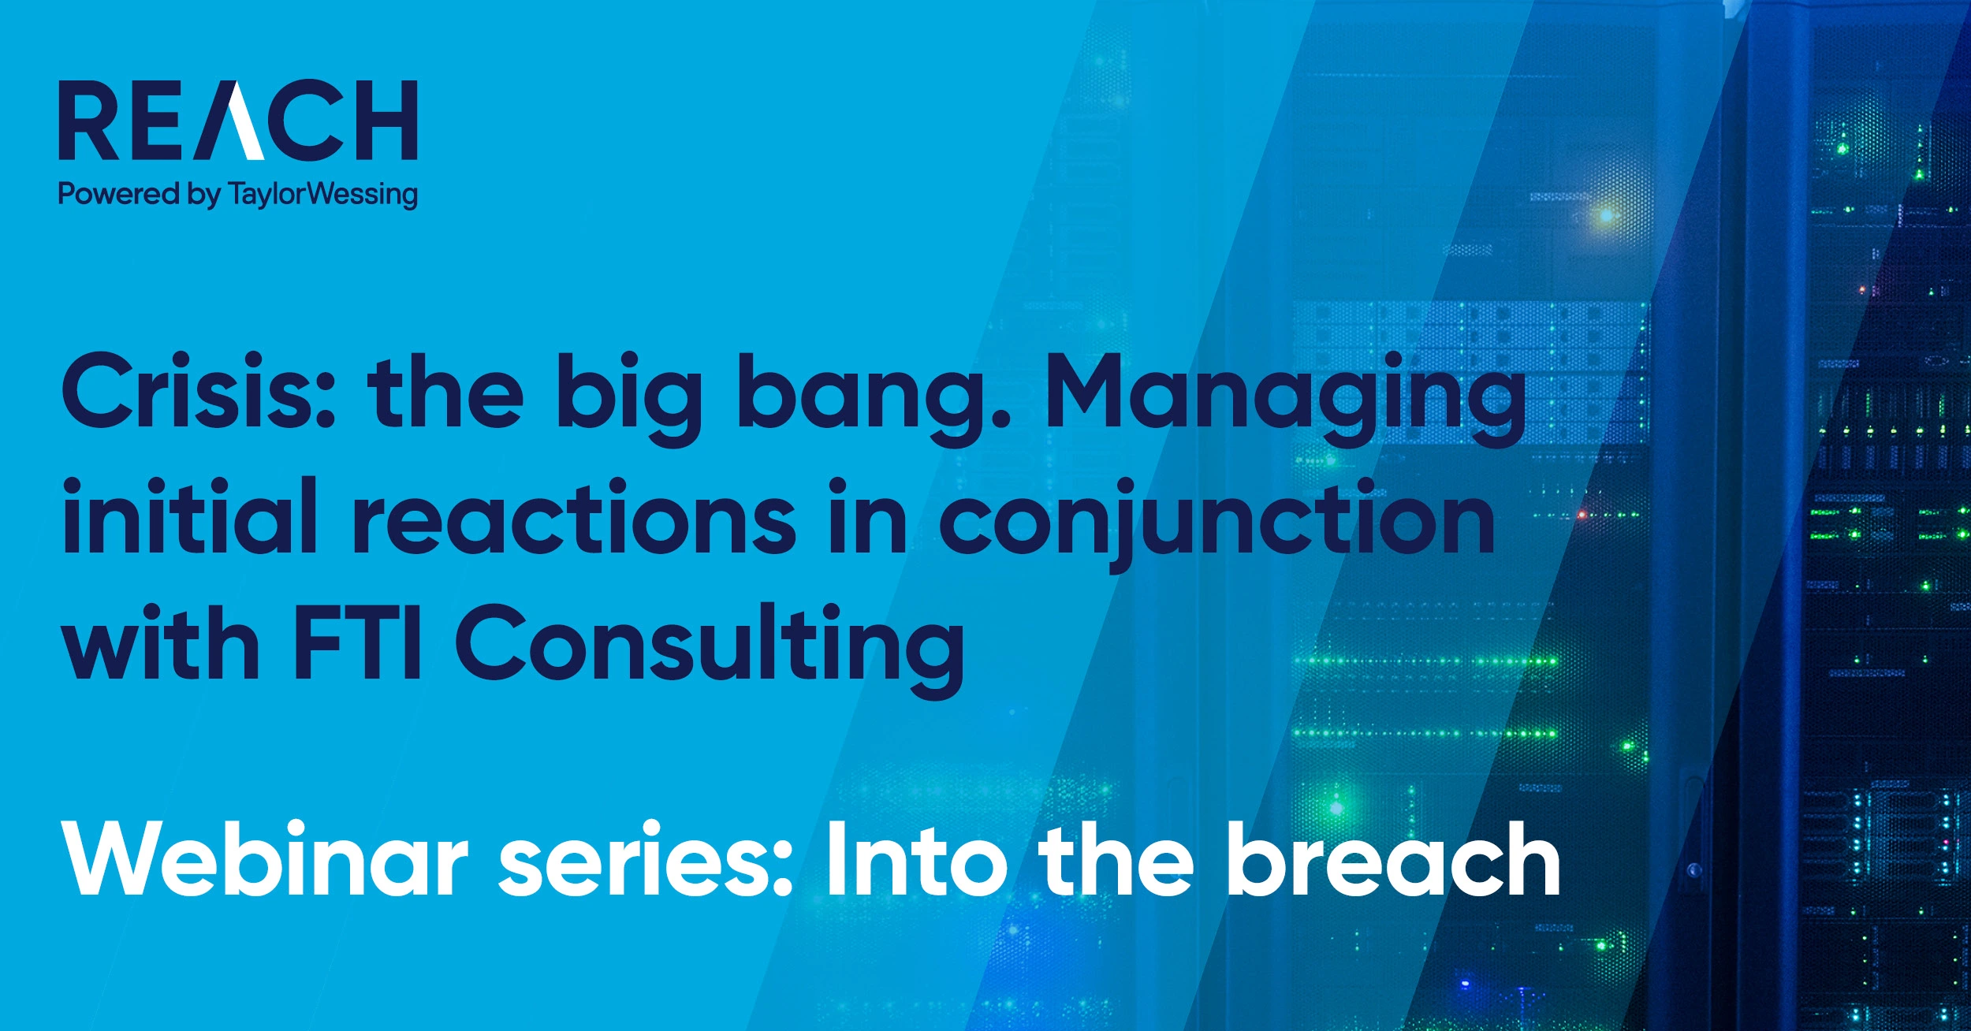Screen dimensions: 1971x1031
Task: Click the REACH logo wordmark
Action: pos(238,120)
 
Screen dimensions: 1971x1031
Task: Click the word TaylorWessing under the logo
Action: pos(322,194)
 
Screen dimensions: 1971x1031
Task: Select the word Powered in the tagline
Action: pos(119,193)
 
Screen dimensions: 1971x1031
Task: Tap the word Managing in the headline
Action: pos(1285,399)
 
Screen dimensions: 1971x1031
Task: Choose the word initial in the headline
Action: pos(190,515)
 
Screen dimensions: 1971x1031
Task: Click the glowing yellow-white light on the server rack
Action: pos(1605,214)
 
